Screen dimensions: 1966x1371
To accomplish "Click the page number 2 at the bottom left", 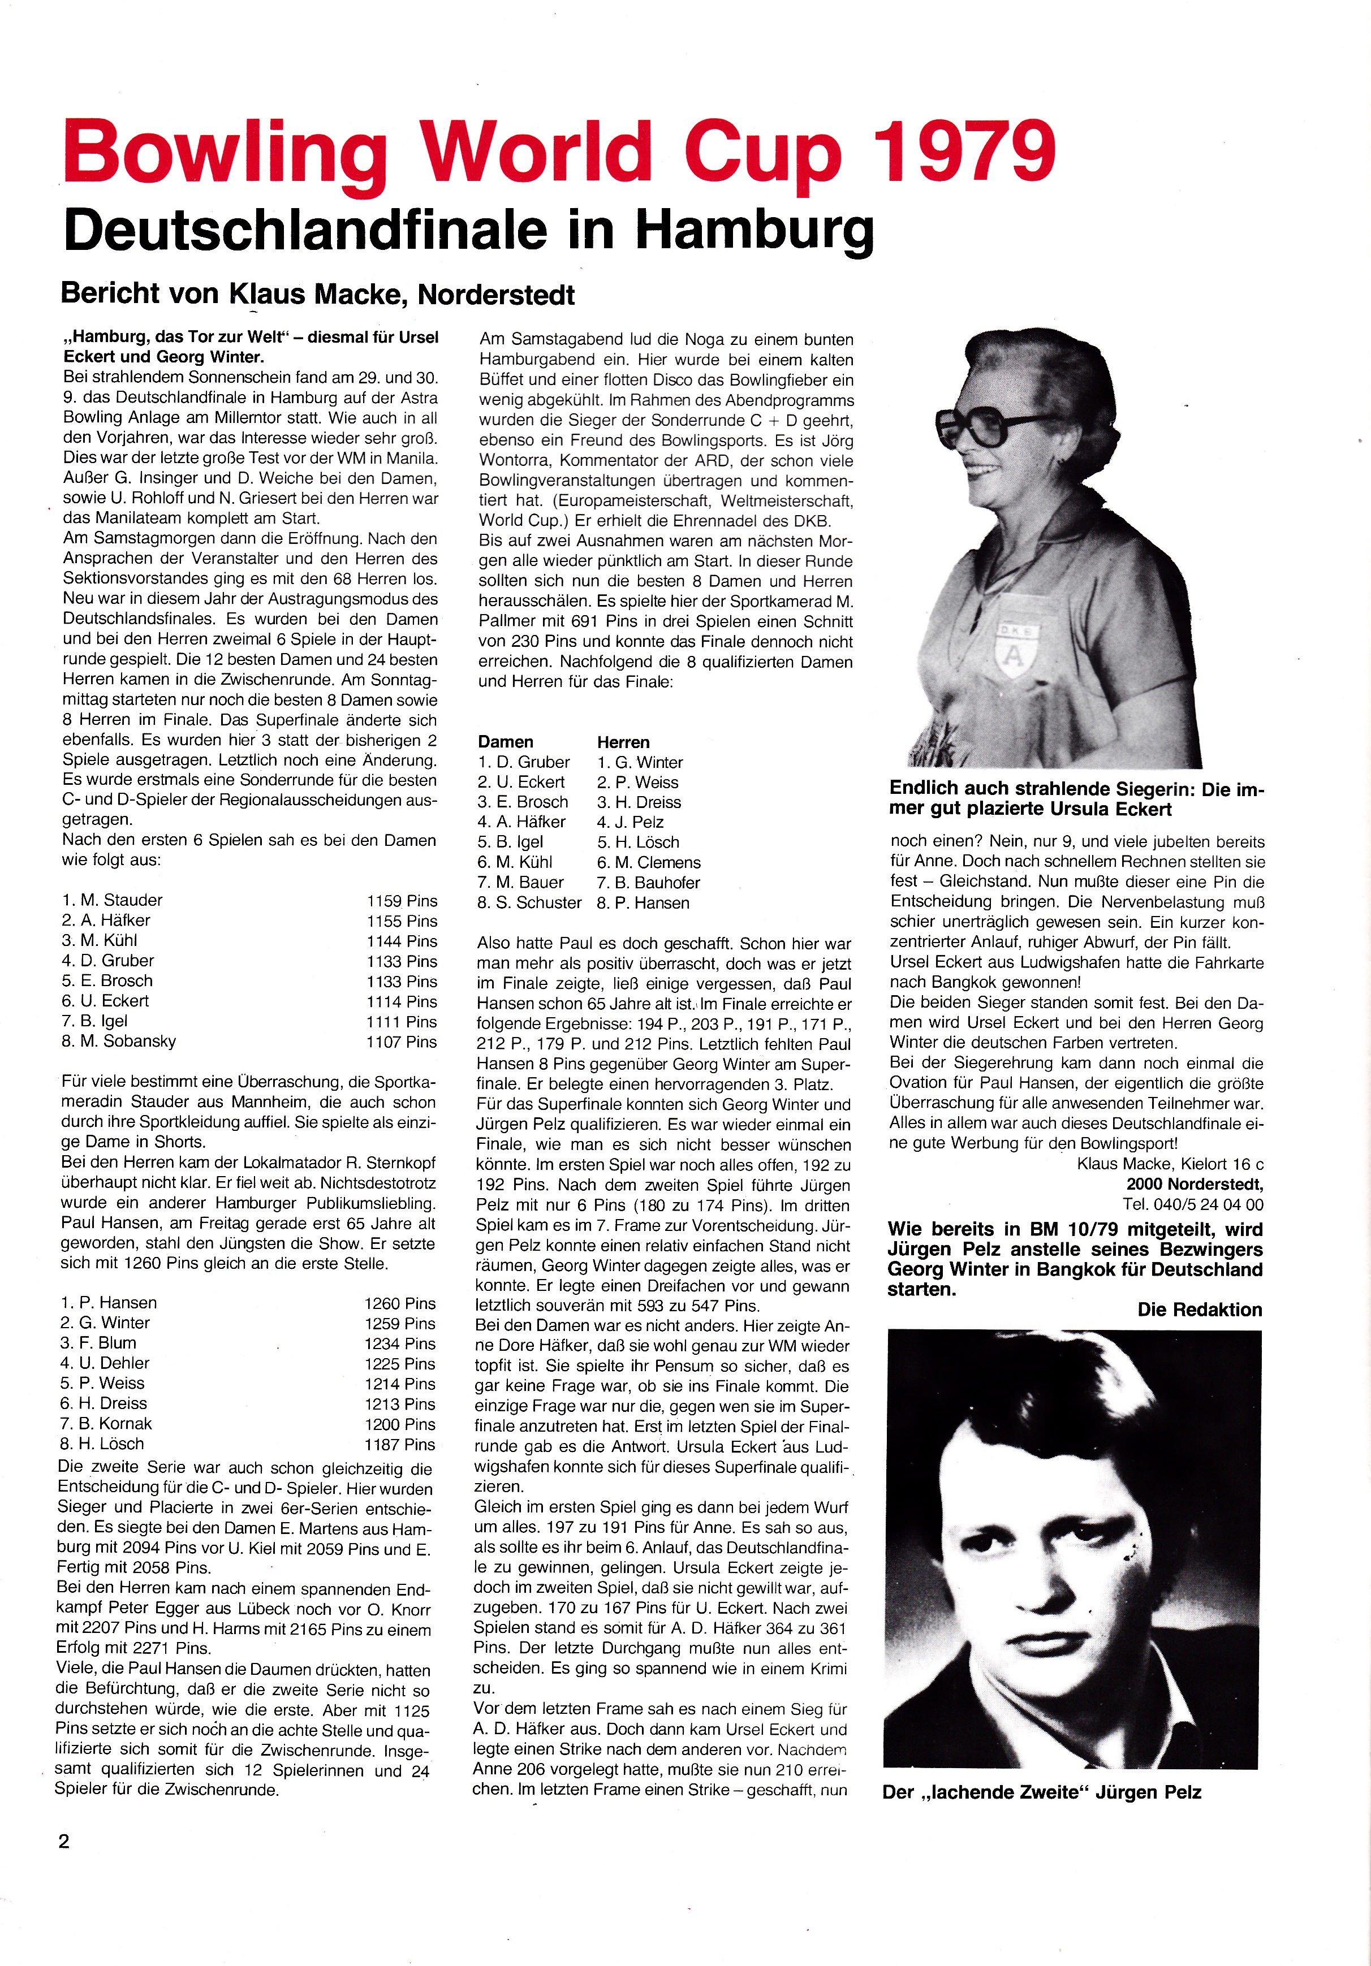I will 64,1842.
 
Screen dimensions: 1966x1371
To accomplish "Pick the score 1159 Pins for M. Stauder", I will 402,901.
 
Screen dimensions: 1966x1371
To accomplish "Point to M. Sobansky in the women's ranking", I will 120,1041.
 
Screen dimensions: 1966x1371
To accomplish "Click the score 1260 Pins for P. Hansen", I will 400,1303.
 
